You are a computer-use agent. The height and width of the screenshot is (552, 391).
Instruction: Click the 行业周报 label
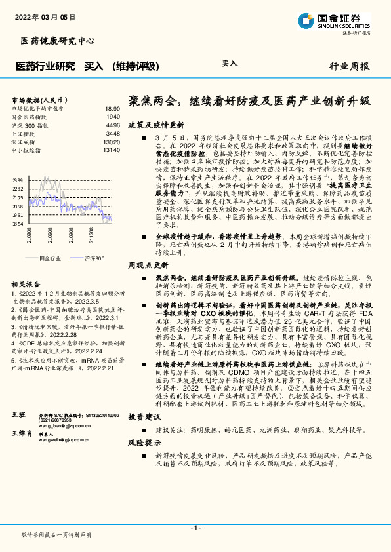(350, 66)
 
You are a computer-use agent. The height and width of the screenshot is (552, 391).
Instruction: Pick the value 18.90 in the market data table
(112, 108)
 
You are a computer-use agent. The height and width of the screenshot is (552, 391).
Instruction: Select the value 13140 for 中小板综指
(111, 150)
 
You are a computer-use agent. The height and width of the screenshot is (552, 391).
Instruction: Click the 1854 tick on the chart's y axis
(18, 224)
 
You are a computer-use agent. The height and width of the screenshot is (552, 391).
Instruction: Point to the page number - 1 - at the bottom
(195, 528)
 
